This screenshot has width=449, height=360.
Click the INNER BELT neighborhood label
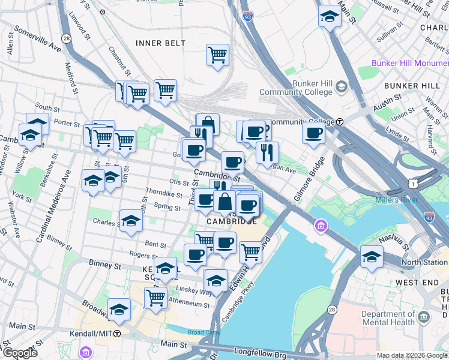160,43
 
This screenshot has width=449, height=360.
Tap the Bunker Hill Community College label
295,88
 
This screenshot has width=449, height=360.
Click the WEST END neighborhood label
415,282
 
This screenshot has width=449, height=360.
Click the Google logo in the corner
20,353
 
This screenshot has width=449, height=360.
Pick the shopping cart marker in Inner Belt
217,55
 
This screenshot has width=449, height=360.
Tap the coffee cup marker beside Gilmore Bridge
313,133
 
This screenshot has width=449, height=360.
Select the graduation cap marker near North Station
372,257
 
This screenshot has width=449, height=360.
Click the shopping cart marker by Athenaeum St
156,296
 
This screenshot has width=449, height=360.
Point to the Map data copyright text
411,355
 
